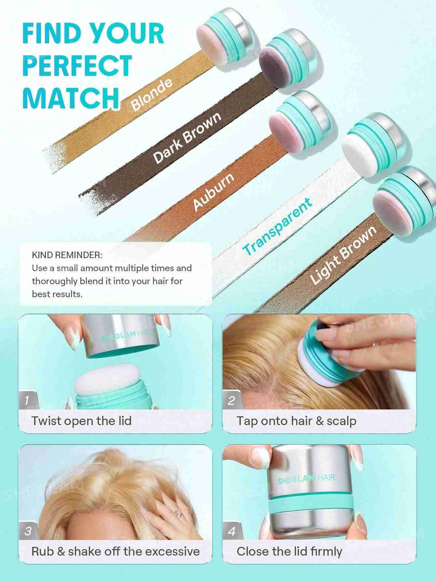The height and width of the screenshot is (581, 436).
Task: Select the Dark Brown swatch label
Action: tap(187, 138)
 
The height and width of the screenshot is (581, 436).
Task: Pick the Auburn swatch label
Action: tap(214, 191)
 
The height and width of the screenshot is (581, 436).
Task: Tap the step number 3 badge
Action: tap(29, 531)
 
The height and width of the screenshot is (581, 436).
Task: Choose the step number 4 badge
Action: tap(232, 531)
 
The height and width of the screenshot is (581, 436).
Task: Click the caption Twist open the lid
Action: tap(82, 421)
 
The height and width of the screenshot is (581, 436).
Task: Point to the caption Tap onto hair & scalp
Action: tap(296, 421)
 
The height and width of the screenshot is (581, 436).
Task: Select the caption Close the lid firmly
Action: tap(289, 551)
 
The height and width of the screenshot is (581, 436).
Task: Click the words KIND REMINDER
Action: tap(67, 255)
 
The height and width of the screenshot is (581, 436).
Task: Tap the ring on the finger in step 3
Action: tap(178, 514)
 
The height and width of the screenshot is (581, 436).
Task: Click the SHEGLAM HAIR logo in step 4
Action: tap(306, 479)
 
